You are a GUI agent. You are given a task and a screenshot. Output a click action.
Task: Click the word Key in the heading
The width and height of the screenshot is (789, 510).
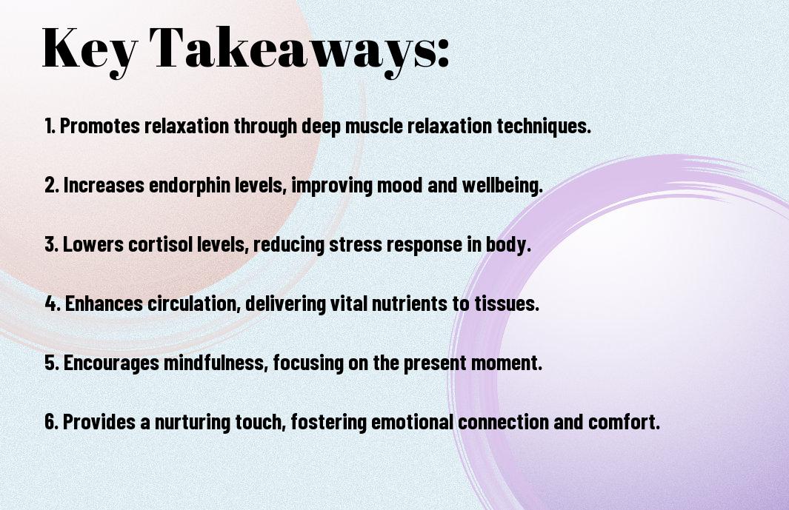click(90, 50)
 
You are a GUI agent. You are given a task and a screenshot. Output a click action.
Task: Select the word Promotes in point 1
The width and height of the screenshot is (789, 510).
click(100, 126)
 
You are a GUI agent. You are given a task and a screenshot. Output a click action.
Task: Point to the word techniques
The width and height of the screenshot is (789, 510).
click(544, 127)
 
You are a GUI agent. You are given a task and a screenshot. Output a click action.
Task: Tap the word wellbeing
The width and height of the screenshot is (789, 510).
click(502, 185)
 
